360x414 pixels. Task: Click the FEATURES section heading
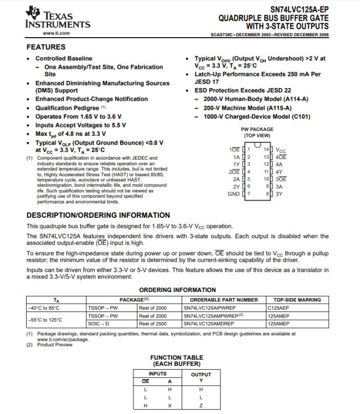[x=46, y=47]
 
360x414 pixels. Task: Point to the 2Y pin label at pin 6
[x=236, y=187]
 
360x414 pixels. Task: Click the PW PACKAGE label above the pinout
[x=258, y=130]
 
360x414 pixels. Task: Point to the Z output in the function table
[x=201, y=406]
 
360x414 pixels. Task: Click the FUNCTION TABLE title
[x=173, y=358]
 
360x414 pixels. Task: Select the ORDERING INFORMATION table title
[x=177, y=290]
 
